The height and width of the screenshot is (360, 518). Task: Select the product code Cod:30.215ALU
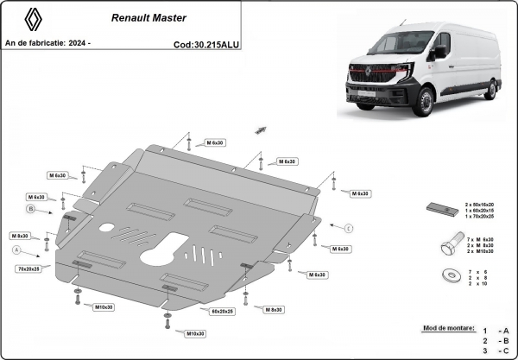[208, 42]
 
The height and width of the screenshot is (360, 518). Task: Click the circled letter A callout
[16, 249]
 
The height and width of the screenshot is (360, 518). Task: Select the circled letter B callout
[29, 209]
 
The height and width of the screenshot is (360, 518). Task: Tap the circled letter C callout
[349, 228]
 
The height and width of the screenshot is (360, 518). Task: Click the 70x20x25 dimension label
[29, 269]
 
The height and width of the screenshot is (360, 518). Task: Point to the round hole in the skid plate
[108, 230]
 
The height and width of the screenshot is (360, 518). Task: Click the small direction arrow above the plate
[258, 129]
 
